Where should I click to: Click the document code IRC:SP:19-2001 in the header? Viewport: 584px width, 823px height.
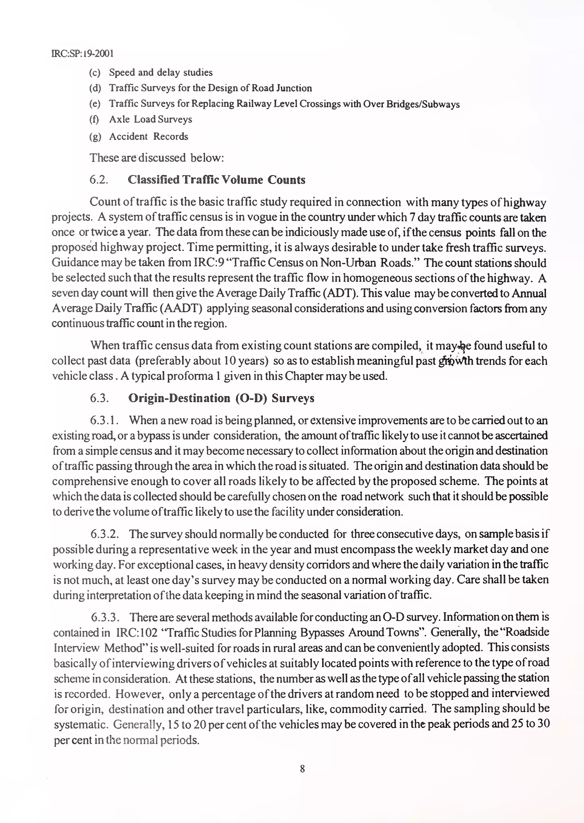82,54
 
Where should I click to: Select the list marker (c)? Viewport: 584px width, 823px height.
95,73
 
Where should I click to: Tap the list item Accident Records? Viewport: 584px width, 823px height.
149,136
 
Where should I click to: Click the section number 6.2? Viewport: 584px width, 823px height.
99,180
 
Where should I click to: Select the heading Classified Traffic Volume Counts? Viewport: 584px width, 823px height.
216,180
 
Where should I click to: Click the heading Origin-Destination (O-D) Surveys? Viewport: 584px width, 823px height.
221,398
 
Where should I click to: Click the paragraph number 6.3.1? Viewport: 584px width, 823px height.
104,420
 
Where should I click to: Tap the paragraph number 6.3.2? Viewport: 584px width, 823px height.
105,534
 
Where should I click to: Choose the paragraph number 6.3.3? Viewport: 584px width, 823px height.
105,617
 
